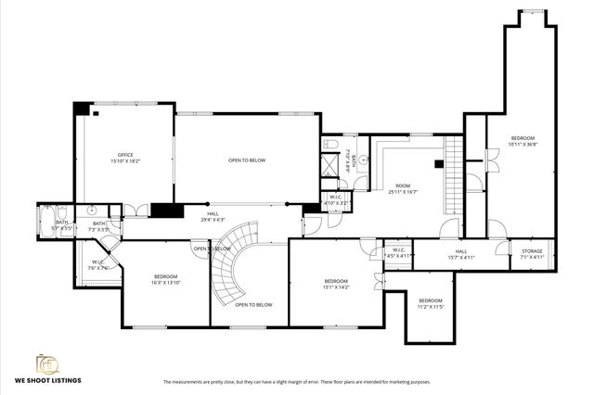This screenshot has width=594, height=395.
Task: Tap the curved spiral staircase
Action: (x=230, y=260)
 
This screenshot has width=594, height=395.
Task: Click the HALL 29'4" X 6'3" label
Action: (x=213, y=217)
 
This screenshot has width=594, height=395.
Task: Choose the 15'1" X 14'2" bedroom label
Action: (x=335, y=284)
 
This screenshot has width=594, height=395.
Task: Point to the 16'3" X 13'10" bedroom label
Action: (x=165, y=279)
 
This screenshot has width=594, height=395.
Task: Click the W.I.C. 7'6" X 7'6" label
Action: (x=98, y=264)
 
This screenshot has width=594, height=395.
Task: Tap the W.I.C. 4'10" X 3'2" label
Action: (x=336, y=199)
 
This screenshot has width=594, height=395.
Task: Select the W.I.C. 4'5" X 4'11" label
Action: (x=398, y=252)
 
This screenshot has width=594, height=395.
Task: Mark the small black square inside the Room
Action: (x=436, y=166)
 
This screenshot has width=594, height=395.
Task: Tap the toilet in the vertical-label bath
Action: (x=331, y=146)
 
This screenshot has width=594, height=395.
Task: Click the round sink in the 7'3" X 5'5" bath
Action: (x=94, y=210)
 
